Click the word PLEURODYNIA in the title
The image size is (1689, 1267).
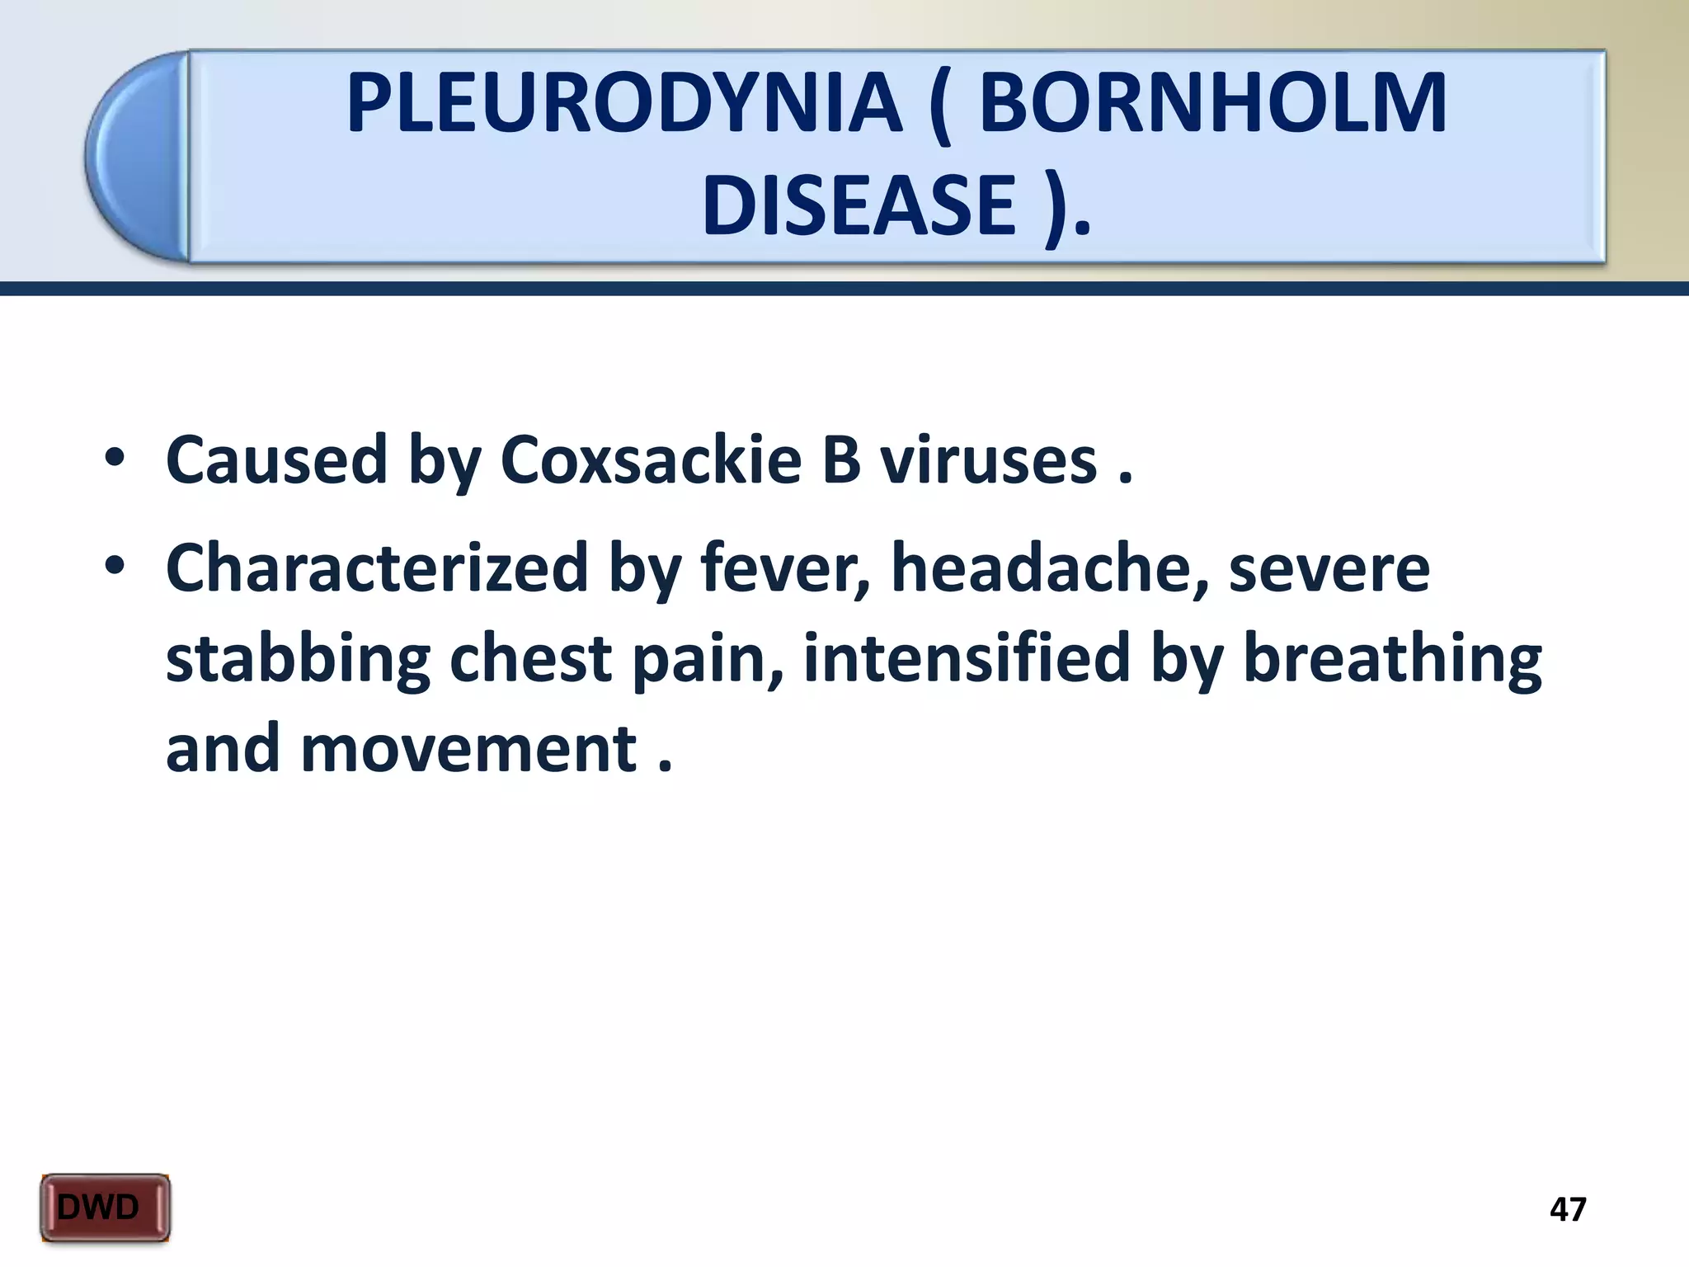624,104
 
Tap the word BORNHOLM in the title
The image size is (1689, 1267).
1211,104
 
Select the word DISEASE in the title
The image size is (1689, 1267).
859,205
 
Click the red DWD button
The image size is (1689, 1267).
105,1208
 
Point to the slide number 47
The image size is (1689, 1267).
1567,1209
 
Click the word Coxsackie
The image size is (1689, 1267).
651,459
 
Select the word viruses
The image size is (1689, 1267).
988,459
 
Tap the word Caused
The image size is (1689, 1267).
276,459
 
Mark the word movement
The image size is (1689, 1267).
468,749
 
